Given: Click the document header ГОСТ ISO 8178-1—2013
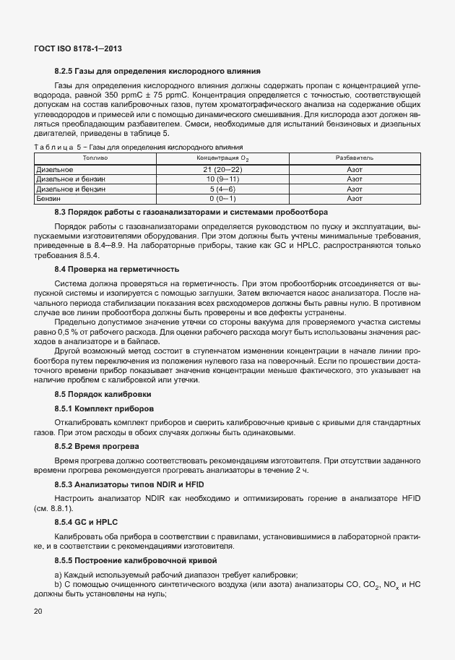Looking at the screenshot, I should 78,48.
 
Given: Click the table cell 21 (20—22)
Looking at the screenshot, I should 222,168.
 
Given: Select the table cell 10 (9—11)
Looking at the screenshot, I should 222,178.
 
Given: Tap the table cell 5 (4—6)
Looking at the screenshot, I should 222,188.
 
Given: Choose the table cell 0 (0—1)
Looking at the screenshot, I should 222,197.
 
